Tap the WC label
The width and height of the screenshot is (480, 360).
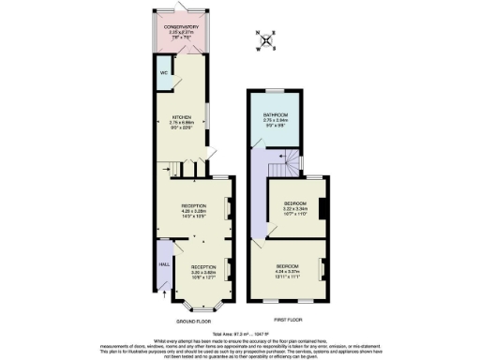pyautogui.click(x=163, y=71)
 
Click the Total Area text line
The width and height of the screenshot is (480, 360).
pyautogui.click(x=239, y=332)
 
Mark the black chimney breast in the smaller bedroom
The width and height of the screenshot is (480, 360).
pyautogui.click(x=321, y=206)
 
